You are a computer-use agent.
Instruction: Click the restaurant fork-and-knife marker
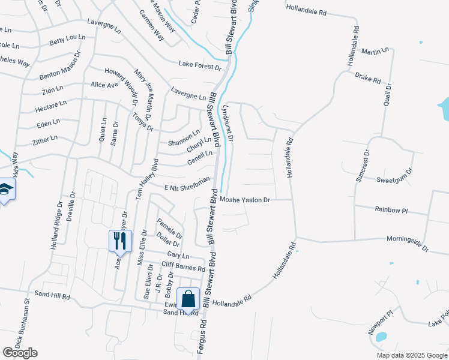click(x=118, y=241)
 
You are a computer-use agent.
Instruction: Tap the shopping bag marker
click(x=188, y=298)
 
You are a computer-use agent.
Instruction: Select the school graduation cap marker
click(x=5, y=189)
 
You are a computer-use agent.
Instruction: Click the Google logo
click(x=20, y=353)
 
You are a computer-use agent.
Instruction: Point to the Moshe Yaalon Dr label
click(x=246, y=200)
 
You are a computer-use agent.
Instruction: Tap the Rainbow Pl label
click(x=391, y=210)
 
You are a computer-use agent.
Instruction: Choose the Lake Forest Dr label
click(x=200, y=66)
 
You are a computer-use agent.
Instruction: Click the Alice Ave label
click(x=104, y=85)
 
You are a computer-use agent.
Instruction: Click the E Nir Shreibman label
click(x=187, y=183)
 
